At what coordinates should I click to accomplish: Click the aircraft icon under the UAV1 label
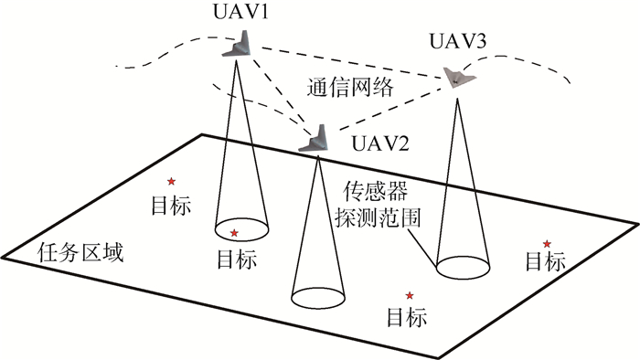pos(240,45)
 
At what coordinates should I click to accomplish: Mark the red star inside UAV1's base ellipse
pos(235,233)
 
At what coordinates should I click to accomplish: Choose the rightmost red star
pos(547,243)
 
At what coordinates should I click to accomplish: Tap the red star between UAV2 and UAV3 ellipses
pos(409,294)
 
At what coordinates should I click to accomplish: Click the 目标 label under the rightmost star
pos(545,263)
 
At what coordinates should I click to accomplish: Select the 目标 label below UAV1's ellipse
pos(240,257)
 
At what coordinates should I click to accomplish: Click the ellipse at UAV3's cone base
pos(464,267)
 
